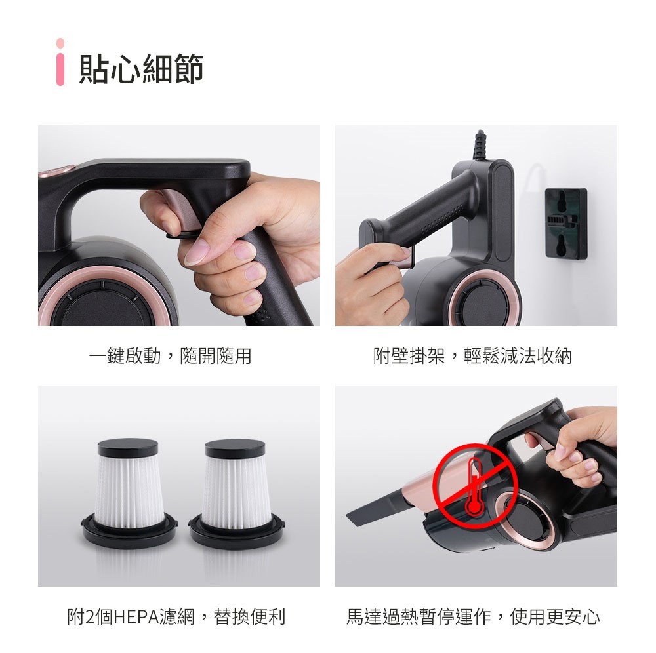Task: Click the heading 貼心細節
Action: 141,69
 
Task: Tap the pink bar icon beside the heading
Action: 60,62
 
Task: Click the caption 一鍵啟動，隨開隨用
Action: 170,356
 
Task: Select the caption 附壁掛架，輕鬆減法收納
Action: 472,356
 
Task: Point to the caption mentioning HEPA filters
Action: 176,617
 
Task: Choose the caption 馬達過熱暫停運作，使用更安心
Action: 473,617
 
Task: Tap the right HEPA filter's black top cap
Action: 235,448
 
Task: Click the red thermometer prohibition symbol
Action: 475,485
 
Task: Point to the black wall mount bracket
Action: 566,223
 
